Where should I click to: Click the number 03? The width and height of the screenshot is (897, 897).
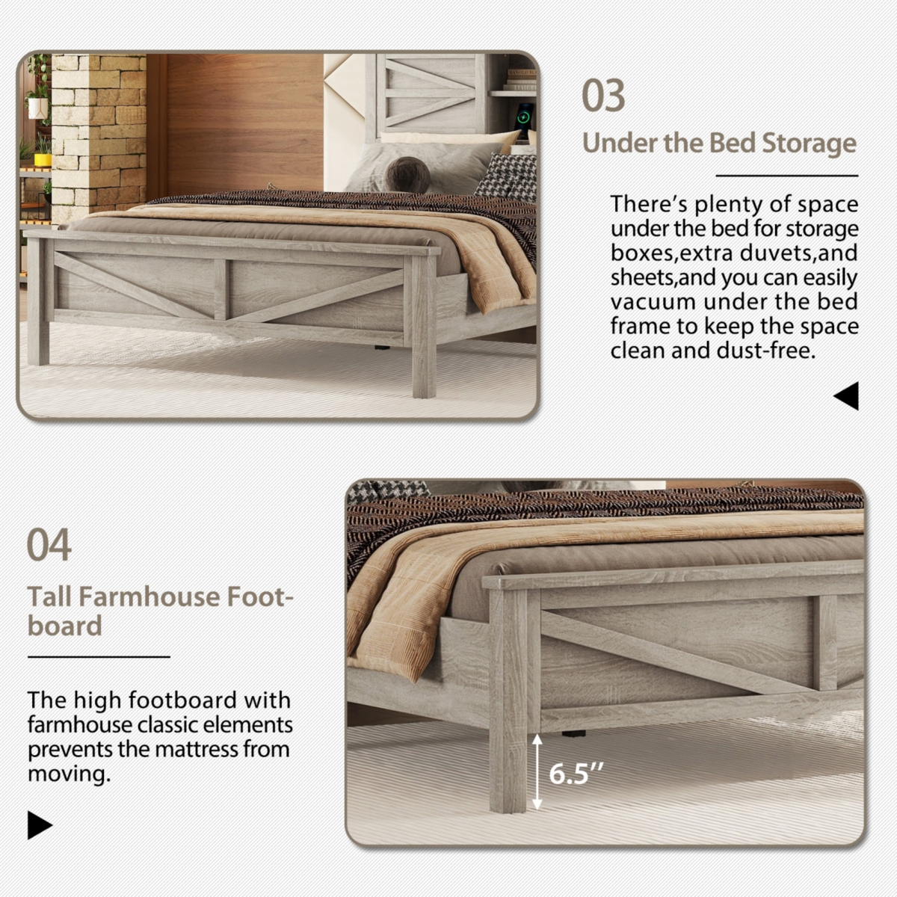[x=603, y=96]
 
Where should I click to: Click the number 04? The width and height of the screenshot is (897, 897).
[x=49, y=544]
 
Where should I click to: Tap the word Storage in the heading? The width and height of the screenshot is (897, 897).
[x=808, y=143]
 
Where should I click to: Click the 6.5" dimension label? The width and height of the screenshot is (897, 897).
[x=576, y=774]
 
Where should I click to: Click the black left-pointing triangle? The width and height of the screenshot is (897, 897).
[x=847, y=396]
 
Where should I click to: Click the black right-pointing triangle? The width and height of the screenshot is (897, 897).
[x=39, y=825]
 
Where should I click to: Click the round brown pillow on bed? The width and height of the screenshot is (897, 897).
[x=407, y=175]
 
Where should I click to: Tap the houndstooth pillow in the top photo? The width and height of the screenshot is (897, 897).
[x=507, y=176]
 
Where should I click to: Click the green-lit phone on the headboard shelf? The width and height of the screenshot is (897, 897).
[x=525, y=117]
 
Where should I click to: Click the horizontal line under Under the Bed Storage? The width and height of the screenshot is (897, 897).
[x=786, y=176]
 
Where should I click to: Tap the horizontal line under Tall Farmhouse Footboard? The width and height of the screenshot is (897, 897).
[x=99, y=657]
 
